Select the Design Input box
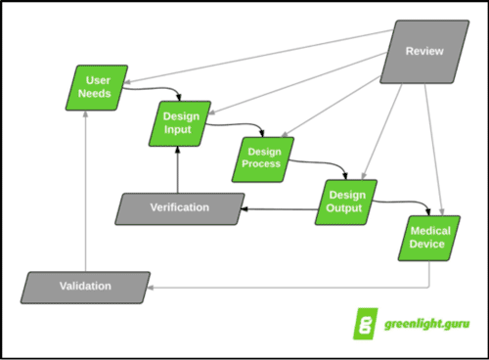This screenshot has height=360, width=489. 178,121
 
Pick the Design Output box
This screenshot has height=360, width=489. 345,201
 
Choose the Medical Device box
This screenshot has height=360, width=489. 428,238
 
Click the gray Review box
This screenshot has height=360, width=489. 424,50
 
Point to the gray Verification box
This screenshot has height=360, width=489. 179,208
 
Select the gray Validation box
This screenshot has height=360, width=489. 86,287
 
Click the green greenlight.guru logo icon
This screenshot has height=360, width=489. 364,325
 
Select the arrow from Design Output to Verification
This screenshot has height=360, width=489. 279,208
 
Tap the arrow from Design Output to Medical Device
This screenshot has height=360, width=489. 401,202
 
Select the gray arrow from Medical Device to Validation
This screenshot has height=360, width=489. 293,288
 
